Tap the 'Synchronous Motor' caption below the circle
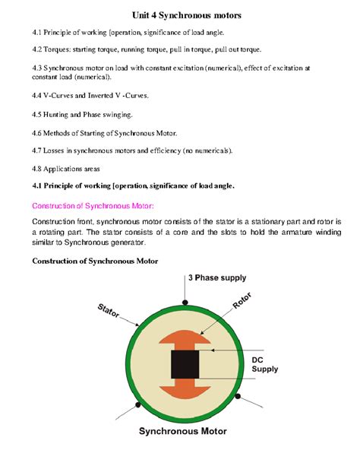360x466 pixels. click(x=187, y=433)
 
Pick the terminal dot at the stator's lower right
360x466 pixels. click(x=238, y=397)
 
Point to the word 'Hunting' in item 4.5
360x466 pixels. click(x=63, y=115)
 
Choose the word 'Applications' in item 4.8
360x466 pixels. click(x=71, y=168)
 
